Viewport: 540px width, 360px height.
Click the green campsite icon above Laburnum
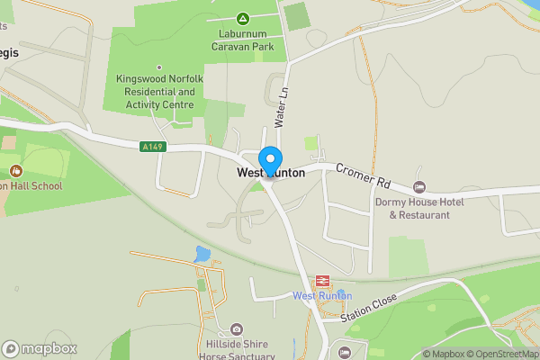click(x=242, y=18)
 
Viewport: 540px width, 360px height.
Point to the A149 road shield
click(x=152, y=145)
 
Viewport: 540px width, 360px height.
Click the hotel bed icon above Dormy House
click(x=419, y=186)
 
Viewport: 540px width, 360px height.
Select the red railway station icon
click(x=321, y=282)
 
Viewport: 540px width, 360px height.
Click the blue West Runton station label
click(x=321, y=296)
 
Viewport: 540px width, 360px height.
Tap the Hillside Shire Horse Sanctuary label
click(x=236, y=349)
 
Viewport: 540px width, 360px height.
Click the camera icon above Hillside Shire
click(x=236, y=329)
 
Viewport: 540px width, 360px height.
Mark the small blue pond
click(x=202, y=255)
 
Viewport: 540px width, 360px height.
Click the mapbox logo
click(x=40, y=348)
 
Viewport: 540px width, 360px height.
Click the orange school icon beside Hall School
click(x=15, y=170)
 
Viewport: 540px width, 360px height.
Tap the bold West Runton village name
click(x=271, y=172)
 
